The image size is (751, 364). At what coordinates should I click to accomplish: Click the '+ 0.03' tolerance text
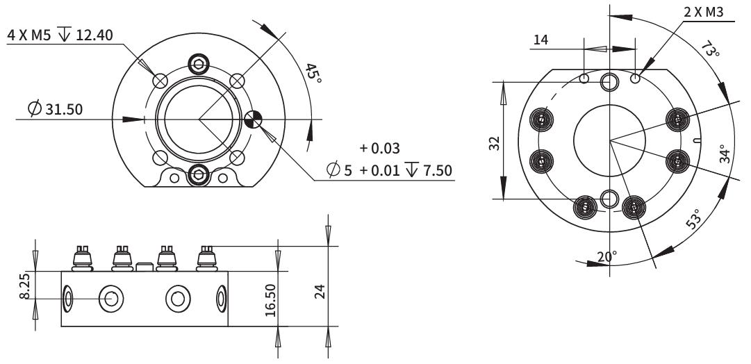click(379, 148)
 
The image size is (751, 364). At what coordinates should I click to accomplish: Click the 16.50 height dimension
click(271, 299)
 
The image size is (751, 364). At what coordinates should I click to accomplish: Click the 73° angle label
click(709, 52)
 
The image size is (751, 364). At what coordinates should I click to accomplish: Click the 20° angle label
click(606, 256)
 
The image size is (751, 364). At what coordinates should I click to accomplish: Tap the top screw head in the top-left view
click(200, 64)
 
